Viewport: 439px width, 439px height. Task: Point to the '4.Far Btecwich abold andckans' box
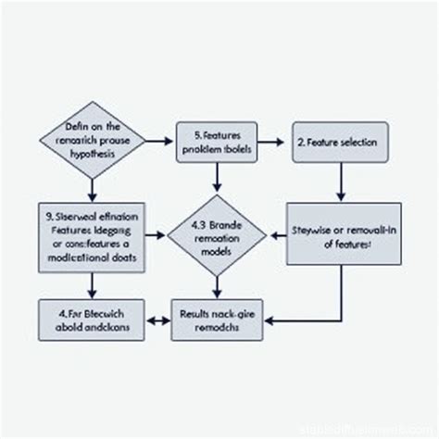tap(92, 319)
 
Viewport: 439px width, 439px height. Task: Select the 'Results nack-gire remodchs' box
tap(216, 319)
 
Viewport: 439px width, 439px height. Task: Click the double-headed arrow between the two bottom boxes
tap(157, 320)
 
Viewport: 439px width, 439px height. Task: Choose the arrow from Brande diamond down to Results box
tap(216, 286)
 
